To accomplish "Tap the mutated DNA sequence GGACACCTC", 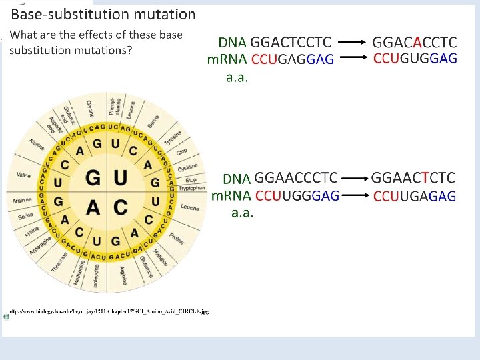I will (414, 42).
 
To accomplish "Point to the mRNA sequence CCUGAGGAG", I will (293, 60).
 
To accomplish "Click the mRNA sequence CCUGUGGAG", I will (415, 59).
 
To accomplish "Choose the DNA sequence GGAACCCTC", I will (297, 178).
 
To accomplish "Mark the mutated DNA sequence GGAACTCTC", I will (413, 178).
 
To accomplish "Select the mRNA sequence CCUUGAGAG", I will (415, 196).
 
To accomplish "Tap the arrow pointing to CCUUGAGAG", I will (355, 195).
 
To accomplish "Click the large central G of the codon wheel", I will (93, 179).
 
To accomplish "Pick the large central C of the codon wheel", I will (121, 207).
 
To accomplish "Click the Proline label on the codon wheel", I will (177, 238).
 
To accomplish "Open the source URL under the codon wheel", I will (109, 311).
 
